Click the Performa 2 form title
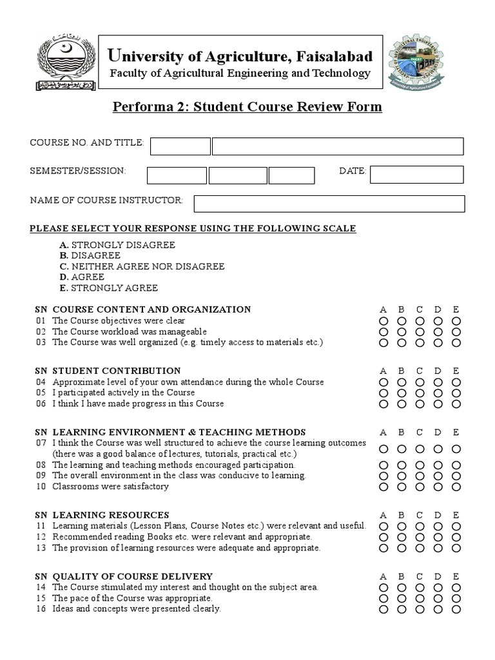point(247,106)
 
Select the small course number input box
point(180,146)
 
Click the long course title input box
point(338,146)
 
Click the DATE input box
point(416,175)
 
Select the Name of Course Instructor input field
point(329,204)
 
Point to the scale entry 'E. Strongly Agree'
point(108,287)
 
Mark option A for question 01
point(383,321)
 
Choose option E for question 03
point(456,343)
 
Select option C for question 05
point(420,393)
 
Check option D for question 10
point(438,487)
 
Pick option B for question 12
point(402,537)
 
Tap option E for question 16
point(456,609)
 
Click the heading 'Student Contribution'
point(116,371)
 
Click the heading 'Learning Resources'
point(111,515)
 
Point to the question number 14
point(41,587)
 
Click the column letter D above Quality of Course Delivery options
point(438,576)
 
